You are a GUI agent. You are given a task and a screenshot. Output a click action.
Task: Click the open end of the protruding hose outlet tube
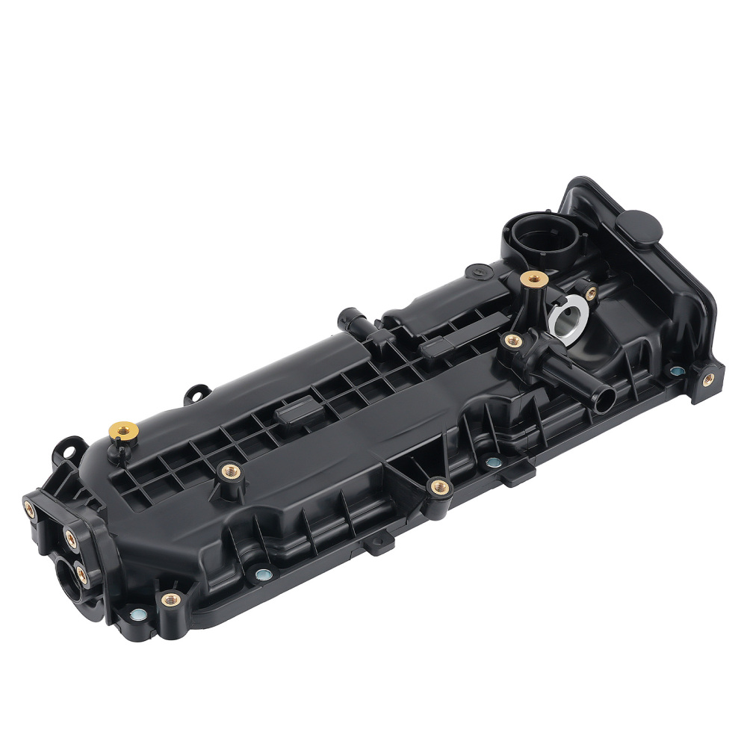[603, 397]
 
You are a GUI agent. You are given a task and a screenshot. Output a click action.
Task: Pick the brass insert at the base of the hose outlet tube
[512, 341]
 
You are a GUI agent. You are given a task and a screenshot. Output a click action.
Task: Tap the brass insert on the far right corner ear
[707, 379]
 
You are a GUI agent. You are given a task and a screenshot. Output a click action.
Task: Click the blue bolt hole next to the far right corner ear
[676, 371]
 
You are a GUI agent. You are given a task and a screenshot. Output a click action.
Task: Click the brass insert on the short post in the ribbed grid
[229, 471]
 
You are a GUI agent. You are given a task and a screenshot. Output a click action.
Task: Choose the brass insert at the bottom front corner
[171, 599]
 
